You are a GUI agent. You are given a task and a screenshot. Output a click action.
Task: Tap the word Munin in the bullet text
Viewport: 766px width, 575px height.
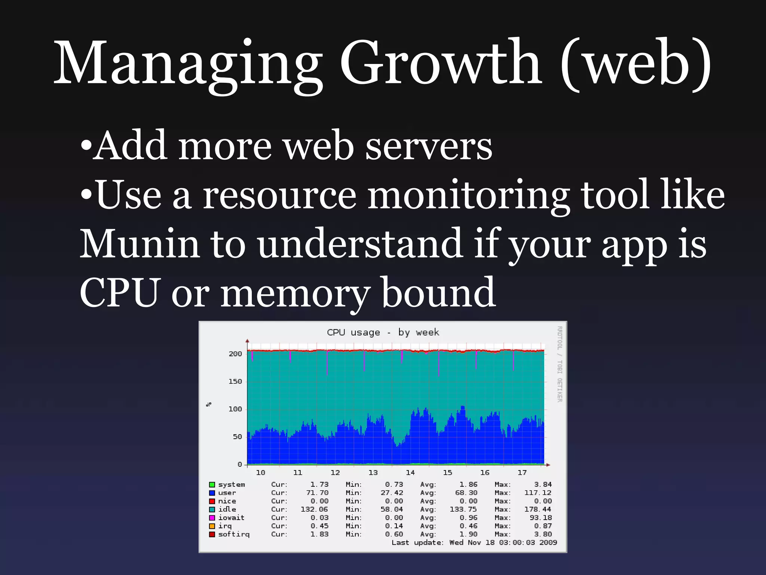[x=139, y=244]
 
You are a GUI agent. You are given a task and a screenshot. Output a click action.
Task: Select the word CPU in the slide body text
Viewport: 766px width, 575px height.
[x=120, y=293]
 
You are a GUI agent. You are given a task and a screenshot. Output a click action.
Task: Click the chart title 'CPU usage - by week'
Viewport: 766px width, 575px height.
[x=383, y=332]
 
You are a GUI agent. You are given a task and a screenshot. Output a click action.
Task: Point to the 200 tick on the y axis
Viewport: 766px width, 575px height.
[x=235, y=354]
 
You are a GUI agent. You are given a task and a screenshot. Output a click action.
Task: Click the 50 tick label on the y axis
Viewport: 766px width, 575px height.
[x=237, y=437]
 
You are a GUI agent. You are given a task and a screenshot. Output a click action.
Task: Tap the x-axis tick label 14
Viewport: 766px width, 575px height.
[x=410, y=472]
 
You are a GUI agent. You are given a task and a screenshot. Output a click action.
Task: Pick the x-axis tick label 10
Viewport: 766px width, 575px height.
[x=260, y=472]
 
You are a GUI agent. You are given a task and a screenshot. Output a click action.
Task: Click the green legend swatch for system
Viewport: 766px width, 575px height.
[x=212, y=485]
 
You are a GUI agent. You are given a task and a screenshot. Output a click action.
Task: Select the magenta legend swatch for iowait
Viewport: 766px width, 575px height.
[x=212, y=518]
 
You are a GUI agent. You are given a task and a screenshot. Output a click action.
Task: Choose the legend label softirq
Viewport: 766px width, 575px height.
[x=234, y=534]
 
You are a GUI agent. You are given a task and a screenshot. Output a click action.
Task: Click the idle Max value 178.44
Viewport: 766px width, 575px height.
[x=537, y=509]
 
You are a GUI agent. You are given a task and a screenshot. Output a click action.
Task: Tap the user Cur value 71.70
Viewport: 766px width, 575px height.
[x=317, y=493]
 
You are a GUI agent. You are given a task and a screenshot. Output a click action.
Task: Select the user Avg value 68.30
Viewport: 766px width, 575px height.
[x=466, y=493]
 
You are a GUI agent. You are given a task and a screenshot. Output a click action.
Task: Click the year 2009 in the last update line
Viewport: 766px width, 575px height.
[x=548, y=542]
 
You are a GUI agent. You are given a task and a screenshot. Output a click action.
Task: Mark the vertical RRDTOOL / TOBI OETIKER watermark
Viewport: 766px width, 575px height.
[x=560, y=364]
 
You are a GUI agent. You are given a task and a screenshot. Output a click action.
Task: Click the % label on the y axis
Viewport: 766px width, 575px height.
[x=209, y=404]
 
